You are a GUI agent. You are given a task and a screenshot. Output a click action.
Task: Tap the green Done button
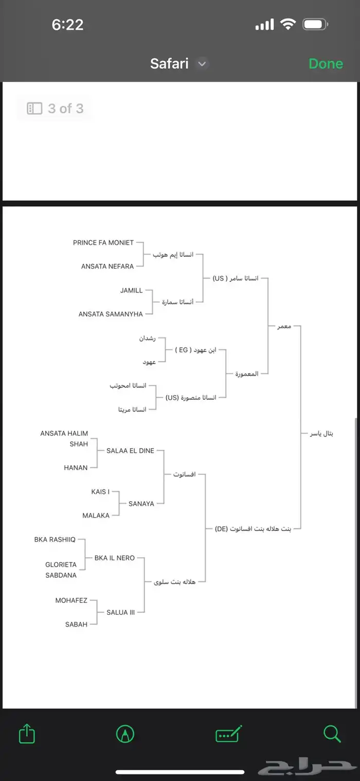326,64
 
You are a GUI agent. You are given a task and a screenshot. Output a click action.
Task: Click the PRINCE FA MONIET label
103,242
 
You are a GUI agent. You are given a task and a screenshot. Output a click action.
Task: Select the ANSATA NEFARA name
107,267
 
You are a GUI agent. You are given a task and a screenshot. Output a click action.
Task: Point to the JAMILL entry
132,291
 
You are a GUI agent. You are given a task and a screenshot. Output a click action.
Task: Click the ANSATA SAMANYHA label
111,314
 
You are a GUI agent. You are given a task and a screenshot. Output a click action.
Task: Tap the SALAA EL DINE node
130,451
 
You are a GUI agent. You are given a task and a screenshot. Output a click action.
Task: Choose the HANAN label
76,468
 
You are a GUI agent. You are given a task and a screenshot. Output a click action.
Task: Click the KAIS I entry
100,492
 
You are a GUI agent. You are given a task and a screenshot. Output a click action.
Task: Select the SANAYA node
141,504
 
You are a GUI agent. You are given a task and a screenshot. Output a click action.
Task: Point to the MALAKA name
96,516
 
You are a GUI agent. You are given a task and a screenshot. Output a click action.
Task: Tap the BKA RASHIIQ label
55,540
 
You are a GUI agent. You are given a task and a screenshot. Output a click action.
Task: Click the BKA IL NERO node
115,558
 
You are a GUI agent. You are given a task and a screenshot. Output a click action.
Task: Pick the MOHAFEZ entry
71,600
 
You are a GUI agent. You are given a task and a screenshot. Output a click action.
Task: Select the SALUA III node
121,612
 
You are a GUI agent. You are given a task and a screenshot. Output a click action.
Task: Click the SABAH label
76,625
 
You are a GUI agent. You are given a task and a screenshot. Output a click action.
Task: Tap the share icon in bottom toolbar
27,733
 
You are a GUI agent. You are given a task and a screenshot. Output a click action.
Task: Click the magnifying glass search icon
332,734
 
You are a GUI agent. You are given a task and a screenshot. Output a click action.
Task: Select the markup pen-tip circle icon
125,734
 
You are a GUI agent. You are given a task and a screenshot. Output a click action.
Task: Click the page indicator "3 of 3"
55,109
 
